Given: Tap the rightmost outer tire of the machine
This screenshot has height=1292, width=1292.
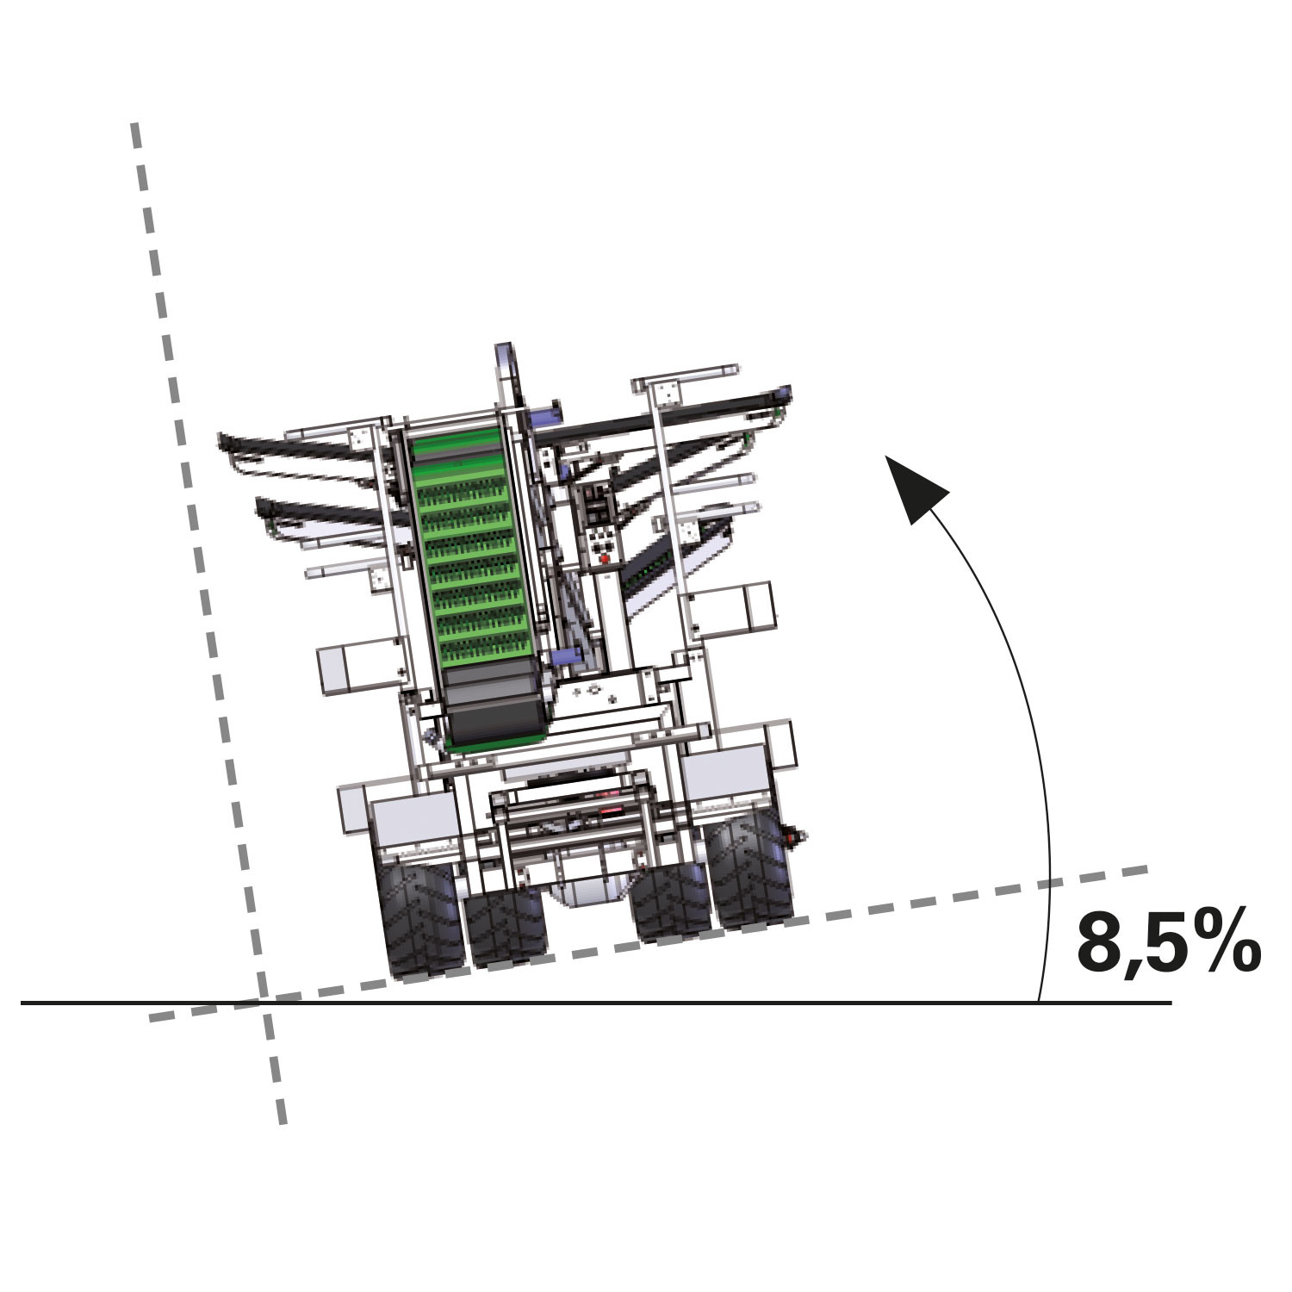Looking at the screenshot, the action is click(752, 871).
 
